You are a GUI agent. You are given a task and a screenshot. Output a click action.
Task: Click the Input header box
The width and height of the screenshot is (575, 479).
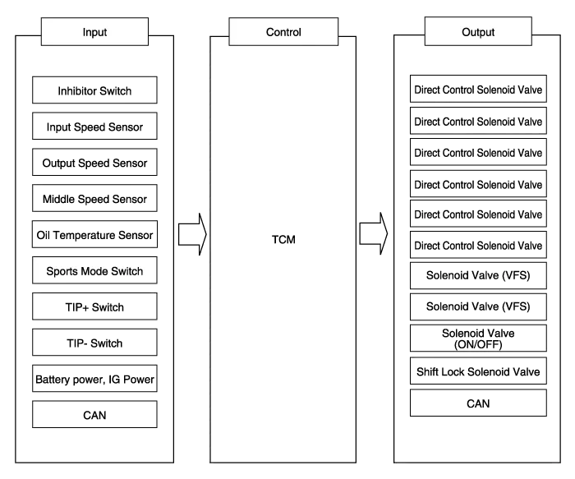[x=94, y=32]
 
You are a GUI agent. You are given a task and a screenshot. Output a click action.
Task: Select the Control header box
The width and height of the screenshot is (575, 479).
[x=283, y=32]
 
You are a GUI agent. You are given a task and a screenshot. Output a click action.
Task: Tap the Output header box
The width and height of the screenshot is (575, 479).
[x=478, y=32]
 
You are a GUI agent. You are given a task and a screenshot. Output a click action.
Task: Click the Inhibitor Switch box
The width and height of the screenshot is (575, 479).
[x=94, y=90]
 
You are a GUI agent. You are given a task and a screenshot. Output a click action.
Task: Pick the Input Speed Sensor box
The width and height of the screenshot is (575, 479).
[x=94, y=127]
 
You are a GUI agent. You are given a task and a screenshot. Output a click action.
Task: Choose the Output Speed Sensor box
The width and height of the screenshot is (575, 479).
[x=94, y=164]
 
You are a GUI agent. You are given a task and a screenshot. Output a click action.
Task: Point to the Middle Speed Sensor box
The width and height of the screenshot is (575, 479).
[x=94, y=199]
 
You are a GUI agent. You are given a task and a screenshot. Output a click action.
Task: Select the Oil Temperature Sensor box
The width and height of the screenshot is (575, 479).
[x=94, y=235]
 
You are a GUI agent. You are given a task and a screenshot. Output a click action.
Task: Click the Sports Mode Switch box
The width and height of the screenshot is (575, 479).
[x=94, y=271]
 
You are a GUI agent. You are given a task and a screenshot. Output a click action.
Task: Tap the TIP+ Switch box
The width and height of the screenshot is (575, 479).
[x=94, y=307]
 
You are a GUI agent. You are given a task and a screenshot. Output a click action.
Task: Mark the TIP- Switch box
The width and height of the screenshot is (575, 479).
[x=94, y=343]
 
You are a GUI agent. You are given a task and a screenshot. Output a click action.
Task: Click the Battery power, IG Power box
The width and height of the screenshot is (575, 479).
[x=94, y=380]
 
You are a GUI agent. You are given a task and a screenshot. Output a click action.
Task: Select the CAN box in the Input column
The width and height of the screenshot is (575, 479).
[x=94, y=415]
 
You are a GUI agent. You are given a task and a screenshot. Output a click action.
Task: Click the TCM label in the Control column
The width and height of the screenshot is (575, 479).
[x=283, y=239]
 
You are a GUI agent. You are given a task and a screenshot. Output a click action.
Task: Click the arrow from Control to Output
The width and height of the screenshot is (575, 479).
[x=374, y=234]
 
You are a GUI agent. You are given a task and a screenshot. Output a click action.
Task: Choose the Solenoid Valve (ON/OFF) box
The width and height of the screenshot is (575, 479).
[x=478, y=339]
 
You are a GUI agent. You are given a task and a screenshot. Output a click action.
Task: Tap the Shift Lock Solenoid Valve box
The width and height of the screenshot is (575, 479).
[x=478, y=372]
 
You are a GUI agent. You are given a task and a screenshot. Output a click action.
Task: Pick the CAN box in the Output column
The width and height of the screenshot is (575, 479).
[x=478, y=403]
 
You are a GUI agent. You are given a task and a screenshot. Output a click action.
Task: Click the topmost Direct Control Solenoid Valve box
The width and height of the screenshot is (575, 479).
[x=478, y=90]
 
